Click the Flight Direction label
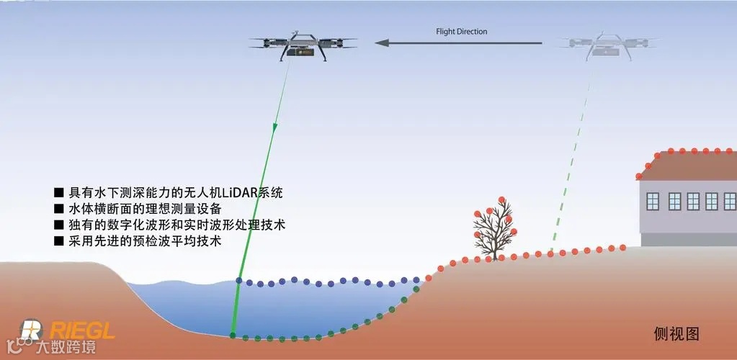[461, 32]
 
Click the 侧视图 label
[676, 333]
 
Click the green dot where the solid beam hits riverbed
[233, 335]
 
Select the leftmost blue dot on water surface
[239, 281]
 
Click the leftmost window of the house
[656, 201]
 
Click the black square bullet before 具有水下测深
[59, 194]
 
